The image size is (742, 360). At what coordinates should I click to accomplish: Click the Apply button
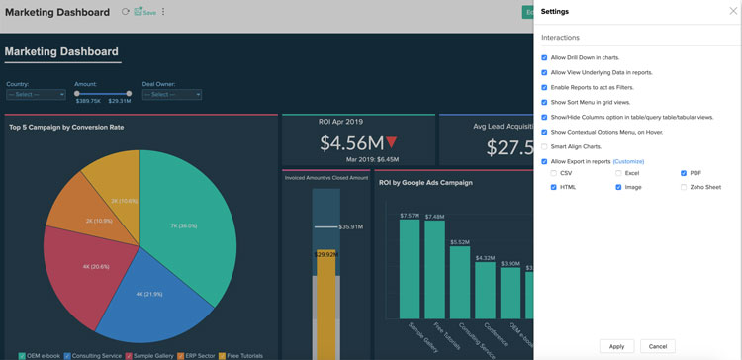click(x=616, y=346)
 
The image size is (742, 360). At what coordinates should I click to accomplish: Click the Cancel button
click(x=657, y=346)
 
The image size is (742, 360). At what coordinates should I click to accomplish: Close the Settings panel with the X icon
click(x=721, y=11)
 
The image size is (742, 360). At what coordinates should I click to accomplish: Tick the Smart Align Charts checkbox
click(x=545, y=146)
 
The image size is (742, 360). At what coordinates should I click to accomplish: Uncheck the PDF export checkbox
click(x=685, y=173)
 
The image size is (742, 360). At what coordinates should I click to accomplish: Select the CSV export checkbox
click(x=554, y=173)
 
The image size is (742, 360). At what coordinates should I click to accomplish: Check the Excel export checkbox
click(x=619, y=173)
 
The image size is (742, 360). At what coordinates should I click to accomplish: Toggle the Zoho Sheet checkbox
click(x=685, y=187)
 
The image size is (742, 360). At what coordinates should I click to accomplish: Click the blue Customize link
click(x=628, y=161)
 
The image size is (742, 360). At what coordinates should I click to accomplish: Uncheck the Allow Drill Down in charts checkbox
click(x=545, y=58)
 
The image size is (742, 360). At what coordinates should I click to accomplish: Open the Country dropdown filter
click(x=37, y=95)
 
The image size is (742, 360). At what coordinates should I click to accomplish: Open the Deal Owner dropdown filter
click(x=171, y=95)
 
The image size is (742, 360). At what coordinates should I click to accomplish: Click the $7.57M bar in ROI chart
click(x=410, y=267)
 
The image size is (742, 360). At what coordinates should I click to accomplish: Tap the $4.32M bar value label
click(x=485, y=258)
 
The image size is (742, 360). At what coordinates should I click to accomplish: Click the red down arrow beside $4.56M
click(x=391, y=142)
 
